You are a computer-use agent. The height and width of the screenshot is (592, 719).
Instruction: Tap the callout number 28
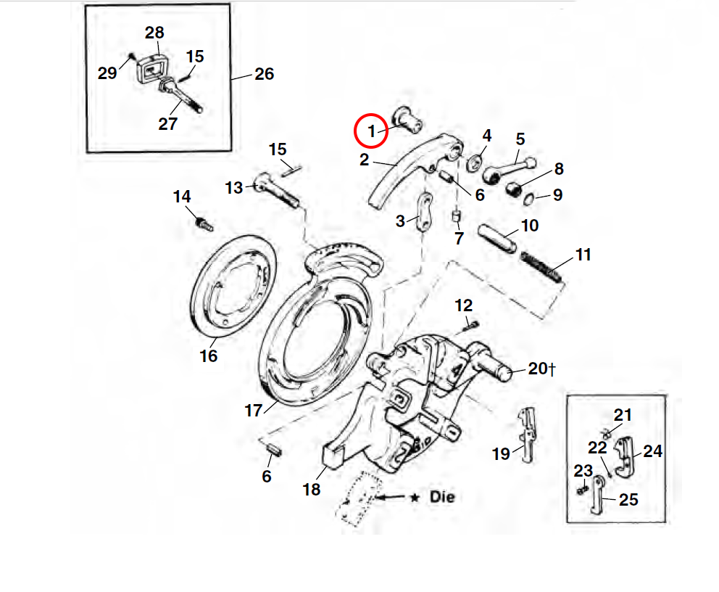pos(154,33)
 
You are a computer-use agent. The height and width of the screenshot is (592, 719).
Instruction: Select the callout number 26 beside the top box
pos(264,74)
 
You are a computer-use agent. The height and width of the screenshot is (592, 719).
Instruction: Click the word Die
pos(441,498)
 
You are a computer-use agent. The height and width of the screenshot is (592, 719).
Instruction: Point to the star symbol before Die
pos(415,498)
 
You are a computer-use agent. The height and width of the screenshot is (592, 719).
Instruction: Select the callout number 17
pos(253,411)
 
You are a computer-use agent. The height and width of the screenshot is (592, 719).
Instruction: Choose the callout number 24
pos(652,451)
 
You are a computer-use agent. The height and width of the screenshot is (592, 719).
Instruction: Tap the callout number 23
pos(583,471)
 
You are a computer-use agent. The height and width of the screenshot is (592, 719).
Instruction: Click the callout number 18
pos(312,490)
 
